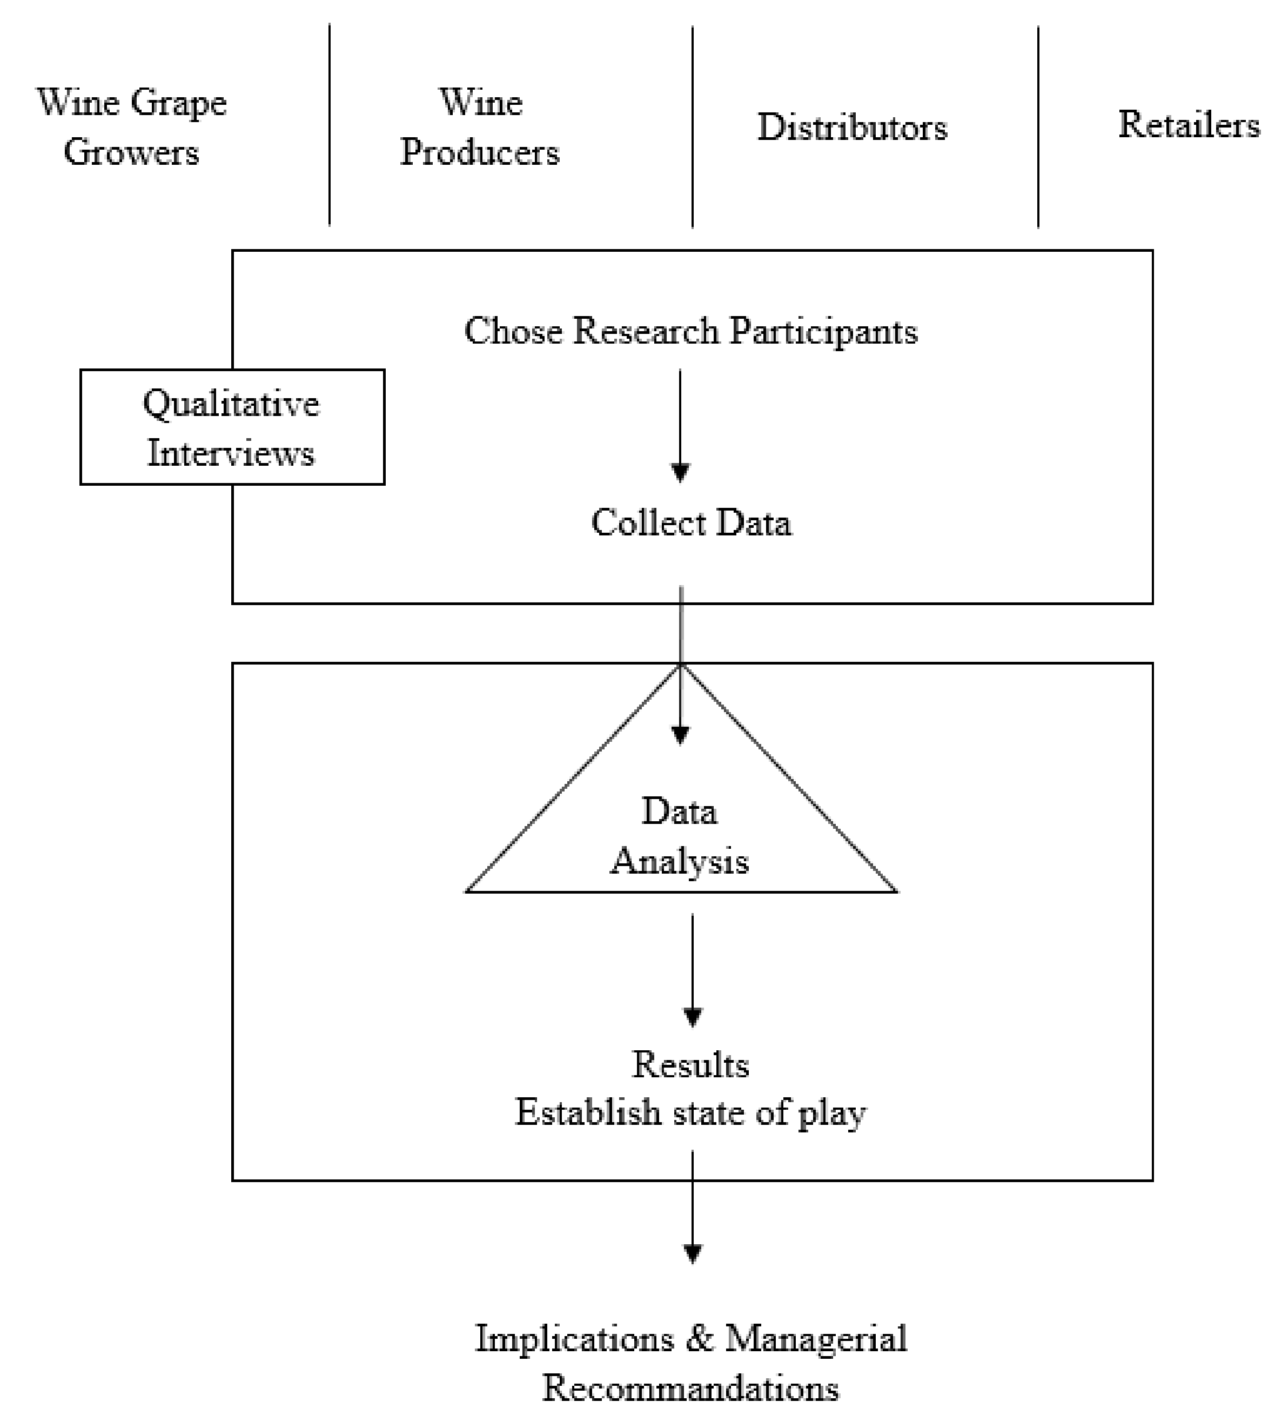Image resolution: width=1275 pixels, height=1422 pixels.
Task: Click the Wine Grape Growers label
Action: tap(132, 128)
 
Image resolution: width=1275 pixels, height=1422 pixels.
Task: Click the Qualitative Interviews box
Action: tap(232, 427)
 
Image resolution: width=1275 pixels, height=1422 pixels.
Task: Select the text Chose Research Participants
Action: tap(691, 331)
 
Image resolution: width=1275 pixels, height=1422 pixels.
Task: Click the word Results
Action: tap(691, 1065)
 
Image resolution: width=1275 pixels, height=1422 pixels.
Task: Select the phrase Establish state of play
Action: tap(691, 1112)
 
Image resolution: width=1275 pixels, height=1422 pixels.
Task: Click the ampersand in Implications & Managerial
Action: tap(699, 1339)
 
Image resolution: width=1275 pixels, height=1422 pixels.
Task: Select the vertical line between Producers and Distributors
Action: tap(692, 126)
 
